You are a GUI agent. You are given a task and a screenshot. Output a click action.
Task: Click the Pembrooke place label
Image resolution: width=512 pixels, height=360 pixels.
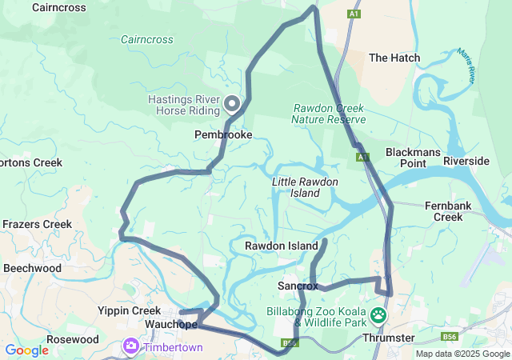click(x=223, y=135)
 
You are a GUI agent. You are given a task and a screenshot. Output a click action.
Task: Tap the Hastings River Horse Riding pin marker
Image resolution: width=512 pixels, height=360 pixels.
click(x=232, y=104)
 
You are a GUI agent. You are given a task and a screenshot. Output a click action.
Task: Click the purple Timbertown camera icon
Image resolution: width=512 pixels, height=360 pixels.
click(x=130, y=346)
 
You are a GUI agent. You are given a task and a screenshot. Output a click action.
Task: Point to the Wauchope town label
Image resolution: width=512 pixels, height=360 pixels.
click(x=171, y=325)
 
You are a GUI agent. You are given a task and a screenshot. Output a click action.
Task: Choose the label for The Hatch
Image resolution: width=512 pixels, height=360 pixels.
click(x=394, y=58)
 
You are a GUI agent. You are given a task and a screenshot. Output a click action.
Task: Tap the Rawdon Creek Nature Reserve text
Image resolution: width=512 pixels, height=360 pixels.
click(x=328, y=114)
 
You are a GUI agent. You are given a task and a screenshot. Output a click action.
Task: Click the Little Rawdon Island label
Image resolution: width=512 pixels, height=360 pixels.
click(x=305, y=187)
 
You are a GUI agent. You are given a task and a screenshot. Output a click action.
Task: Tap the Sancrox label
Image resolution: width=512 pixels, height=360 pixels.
click(x=298, y=285)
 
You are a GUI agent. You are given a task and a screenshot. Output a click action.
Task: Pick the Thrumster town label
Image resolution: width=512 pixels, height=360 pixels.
click(x=389, y=338)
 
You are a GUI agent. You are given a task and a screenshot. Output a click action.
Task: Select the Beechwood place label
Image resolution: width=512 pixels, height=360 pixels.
click(x=32, y=268)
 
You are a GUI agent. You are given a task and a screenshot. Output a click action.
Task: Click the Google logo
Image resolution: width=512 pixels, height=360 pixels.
click(x=26, y=350)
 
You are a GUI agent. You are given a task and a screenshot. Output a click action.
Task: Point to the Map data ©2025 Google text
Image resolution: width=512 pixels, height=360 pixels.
click(x=462, y=354)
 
